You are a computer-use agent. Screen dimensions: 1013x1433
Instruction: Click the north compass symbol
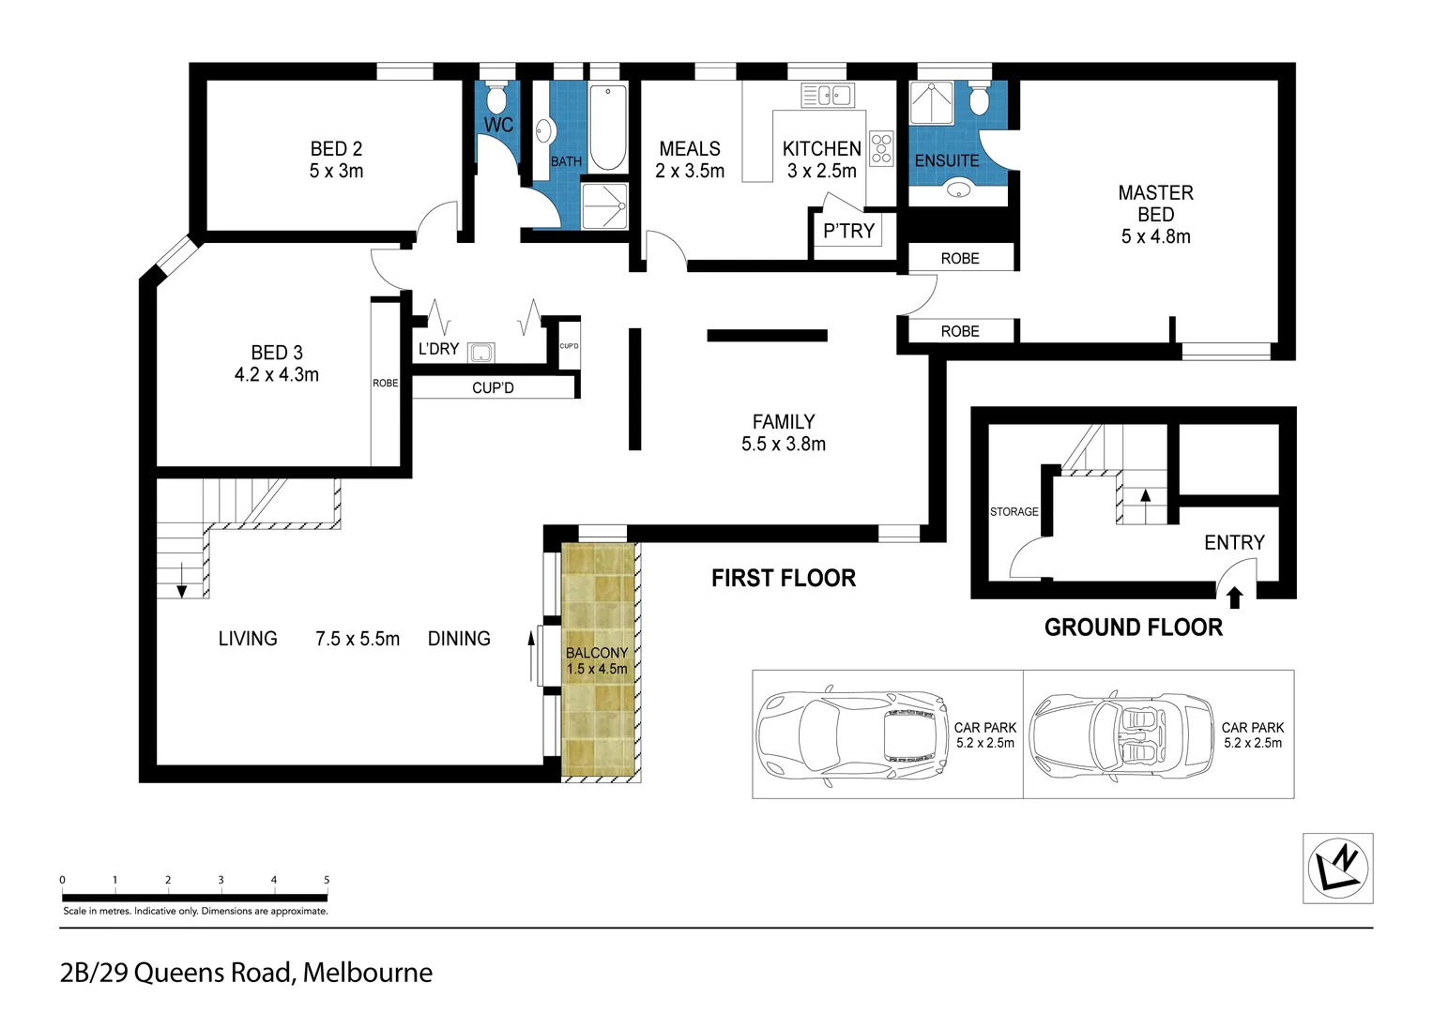[x=1338, y=868]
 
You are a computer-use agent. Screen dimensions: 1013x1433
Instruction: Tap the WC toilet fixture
[x=497, y=98]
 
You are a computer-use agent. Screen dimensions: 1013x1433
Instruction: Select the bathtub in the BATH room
[x=608, y=129]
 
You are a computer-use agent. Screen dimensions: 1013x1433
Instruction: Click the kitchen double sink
[x=827, y=95]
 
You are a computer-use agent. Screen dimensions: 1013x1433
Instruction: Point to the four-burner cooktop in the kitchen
[x=881, y=148]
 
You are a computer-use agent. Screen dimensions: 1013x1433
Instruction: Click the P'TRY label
[x=848, y=231]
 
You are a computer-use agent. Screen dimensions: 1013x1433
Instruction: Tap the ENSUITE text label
[x=947, y=160]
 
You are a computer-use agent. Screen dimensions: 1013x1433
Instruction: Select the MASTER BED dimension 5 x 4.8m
[x=1155, y=236]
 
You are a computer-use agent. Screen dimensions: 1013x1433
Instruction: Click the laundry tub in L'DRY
[x=481, y=353]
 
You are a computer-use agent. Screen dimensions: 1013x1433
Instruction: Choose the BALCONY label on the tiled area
[x=597, y=653]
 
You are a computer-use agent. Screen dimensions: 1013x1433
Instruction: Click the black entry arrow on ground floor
[x=1234, y=595]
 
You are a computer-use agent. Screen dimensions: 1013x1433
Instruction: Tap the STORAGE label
[x=1014, y=511]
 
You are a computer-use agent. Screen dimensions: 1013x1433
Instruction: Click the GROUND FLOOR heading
[x=1133, y=627]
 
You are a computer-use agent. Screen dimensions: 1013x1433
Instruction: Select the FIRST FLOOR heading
[x=783, y=578]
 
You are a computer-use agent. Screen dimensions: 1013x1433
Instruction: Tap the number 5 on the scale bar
[x=327, y=880]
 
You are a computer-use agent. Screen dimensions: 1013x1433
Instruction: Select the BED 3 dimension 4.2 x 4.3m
[x=276, y=374]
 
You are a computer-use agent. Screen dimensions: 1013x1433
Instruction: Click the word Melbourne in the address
[x=368, y=973]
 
